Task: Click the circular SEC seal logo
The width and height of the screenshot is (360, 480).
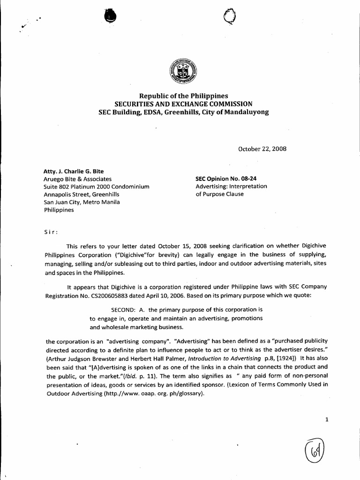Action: [182, 72]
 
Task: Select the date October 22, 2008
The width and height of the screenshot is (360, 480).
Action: [263, 149]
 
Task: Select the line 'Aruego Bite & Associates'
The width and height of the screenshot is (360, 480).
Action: [78, 179]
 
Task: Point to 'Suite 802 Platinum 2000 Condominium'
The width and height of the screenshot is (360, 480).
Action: [96, 187]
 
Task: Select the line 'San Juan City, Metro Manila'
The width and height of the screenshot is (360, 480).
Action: [82, 202]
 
